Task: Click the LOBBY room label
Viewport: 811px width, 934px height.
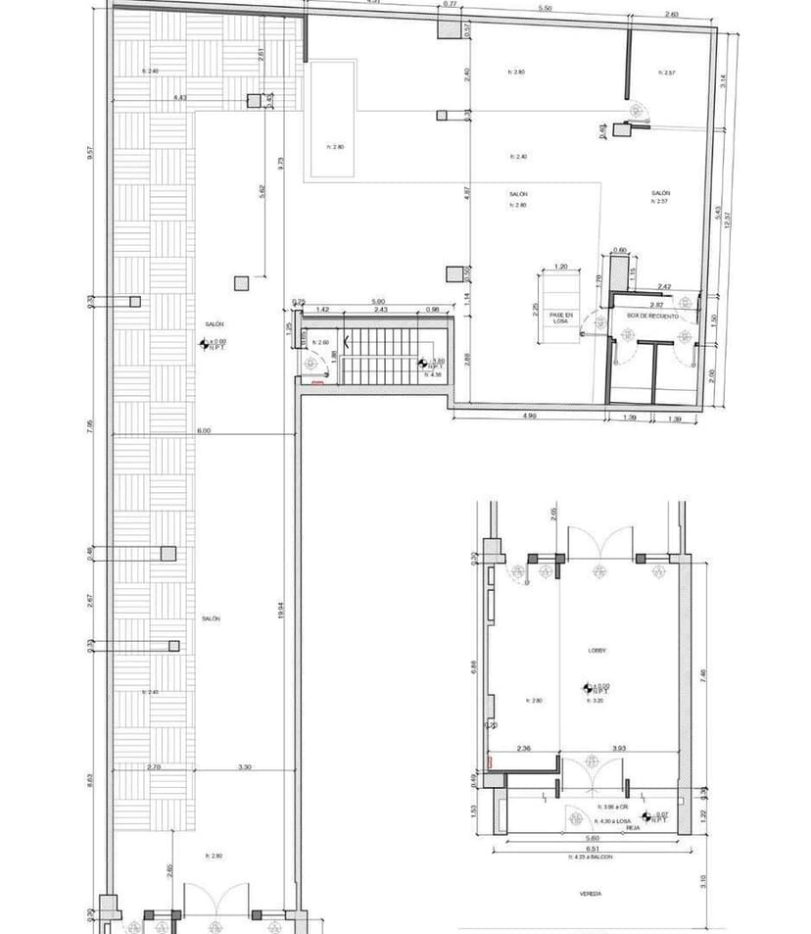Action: pos(598,650)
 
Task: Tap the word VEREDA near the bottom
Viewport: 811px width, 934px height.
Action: pos(590,894)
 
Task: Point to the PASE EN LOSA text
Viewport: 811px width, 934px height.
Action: pos(561,318)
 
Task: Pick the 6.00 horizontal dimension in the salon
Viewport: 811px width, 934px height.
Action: pos(203,430)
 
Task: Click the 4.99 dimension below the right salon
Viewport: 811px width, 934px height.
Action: pos(530,416)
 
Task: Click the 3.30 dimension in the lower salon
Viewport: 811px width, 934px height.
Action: pos(244,767)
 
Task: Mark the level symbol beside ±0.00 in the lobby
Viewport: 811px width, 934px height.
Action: pos(586,689)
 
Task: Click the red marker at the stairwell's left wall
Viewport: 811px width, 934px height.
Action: pos(316,384)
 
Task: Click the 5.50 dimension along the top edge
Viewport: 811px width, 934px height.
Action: pos(545,9)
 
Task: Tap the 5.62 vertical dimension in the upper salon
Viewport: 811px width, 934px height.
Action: pos(262,193)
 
